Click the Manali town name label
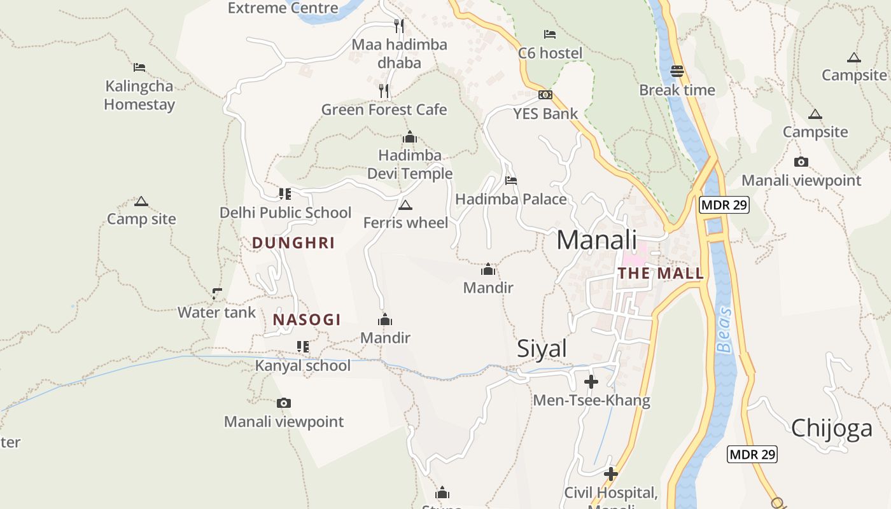[596, 241]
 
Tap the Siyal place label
[542, 349]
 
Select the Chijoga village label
[831, 428]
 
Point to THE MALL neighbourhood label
[661, 274]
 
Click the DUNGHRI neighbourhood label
[293, 243]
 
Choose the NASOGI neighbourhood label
[307, 319]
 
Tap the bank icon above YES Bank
[545, 95]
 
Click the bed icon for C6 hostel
[550, 34]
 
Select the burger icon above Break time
[677, 71]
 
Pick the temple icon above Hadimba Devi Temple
[410, 137]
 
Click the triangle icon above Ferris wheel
[405, 205]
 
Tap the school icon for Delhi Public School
[284, 193]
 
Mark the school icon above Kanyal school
[302, 347]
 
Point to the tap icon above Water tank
[217, 293]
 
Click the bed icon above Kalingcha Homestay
[139, 67]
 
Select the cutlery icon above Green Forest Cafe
[384, 91]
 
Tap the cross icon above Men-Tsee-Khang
[591, 382]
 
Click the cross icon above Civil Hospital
[611, 474]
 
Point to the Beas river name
[724, 330]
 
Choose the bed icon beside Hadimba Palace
[510, 181]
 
